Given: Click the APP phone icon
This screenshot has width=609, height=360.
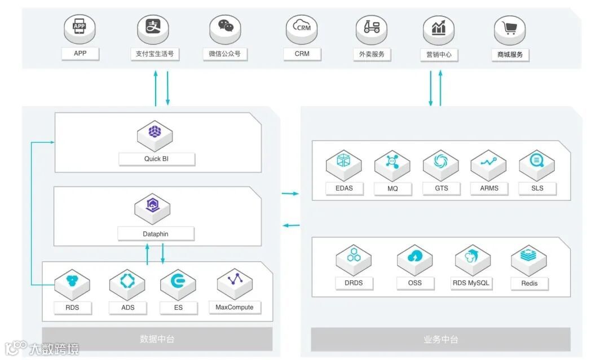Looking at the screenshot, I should [x=80, y=27].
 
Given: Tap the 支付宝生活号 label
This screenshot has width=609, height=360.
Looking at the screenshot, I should [x=155, y=54].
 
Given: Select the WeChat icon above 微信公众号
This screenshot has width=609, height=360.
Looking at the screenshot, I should [x=226, y=27].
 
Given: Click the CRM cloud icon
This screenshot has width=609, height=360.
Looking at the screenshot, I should [x=302, y=27].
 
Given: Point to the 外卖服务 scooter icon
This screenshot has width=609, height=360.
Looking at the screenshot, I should [x=372, y=27].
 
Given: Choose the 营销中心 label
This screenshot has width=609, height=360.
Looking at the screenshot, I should [x=439, y=55].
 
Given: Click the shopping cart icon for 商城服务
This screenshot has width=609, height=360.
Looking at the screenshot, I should [x=510, y=27].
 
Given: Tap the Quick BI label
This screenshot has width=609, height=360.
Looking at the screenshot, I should [x=156, y=159].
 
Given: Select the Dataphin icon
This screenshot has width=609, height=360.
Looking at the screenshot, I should [x=152, y=205].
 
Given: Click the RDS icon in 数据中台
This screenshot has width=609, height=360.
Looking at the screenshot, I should [x=72, y=281].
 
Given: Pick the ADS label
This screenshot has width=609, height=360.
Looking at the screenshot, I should [x=127, y=308].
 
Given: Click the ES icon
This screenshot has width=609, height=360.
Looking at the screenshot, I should [x=178, y=281].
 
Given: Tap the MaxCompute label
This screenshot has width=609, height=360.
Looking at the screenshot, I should [x=235, y=308].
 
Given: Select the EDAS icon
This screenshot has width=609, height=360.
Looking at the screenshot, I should [x=344, y=161].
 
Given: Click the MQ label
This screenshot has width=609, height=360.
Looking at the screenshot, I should [x=392, y=188].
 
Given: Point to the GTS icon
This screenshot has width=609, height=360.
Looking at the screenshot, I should [x=440, y=161].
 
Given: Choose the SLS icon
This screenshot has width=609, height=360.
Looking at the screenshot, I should [x=537, y=161].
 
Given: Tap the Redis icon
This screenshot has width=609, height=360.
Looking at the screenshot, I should [x=529, y=256].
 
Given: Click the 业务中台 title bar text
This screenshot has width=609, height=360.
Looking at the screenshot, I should [x=440, y=340].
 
